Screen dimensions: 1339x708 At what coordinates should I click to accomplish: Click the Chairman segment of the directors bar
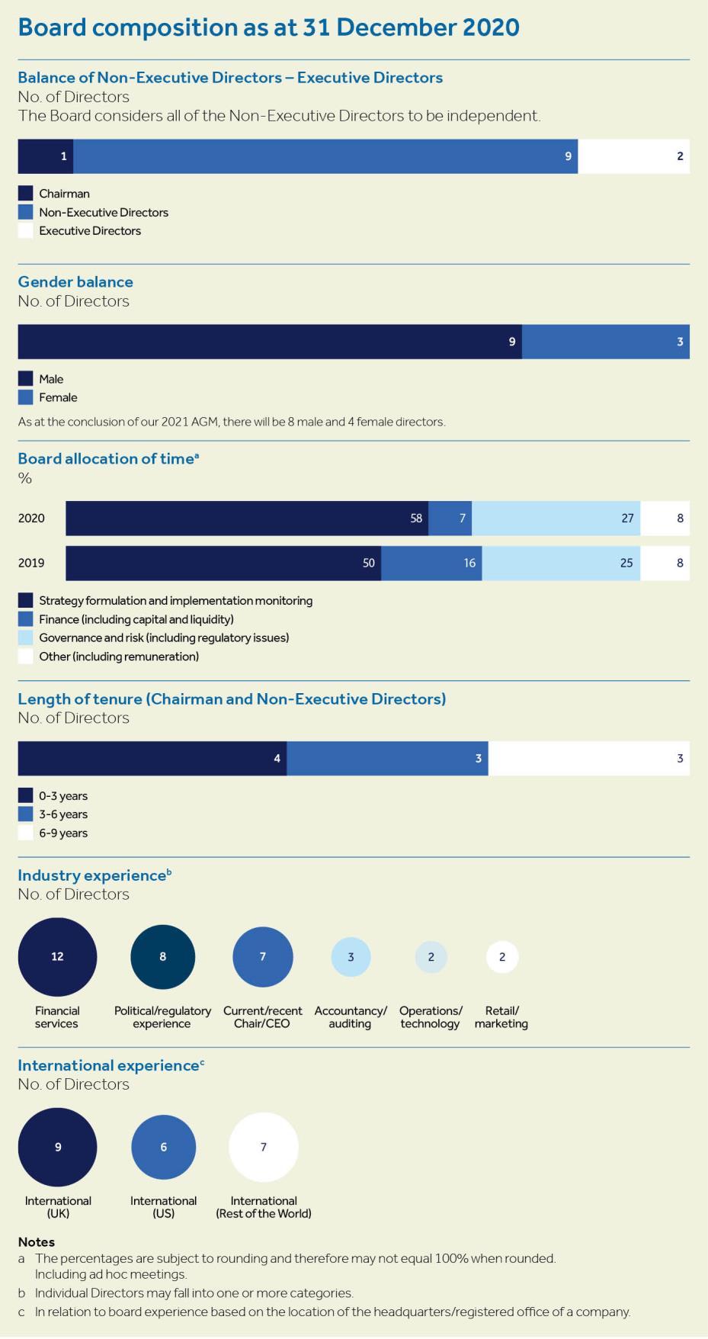(45, 156)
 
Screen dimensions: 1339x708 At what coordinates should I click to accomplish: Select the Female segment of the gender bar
(605, 342)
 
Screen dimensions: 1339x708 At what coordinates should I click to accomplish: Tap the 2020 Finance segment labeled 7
(450, 519)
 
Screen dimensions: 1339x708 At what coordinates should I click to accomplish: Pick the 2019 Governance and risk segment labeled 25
(561, 563)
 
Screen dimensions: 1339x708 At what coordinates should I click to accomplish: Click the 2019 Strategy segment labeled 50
(223, 563)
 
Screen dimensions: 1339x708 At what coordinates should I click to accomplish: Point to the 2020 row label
(31, 519)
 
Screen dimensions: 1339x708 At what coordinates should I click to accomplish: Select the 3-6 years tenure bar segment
(387, 759)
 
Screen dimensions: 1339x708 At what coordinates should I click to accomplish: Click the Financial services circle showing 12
(57, 957)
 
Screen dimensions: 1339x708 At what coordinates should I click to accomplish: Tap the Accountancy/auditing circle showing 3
(351, 957)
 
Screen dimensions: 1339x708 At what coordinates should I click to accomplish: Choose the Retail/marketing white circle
(501, 957)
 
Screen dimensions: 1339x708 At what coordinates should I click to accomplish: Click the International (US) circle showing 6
(163, 1147)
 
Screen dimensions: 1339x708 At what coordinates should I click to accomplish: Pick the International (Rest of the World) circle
(263, 1147)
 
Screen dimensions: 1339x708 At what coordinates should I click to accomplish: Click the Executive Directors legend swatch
(26, 231)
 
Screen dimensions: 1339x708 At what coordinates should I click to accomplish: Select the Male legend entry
(51, 379)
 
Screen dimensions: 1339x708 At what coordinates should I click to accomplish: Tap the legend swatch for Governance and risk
(26, 638)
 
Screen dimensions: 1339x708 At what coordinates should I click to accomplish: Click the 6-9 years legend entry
(63, 833)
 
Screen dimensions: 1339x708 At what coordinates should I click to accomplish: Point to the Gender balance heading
(75, 282)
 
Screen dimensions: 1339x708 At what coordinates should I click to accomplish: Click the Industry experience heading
(91, 875)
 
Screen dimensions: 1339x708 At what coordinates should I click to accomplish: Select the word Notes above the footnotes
(36, 1242)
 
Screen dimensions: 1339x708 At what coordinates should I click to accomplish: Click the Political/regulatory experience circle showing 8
(162, 957)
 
